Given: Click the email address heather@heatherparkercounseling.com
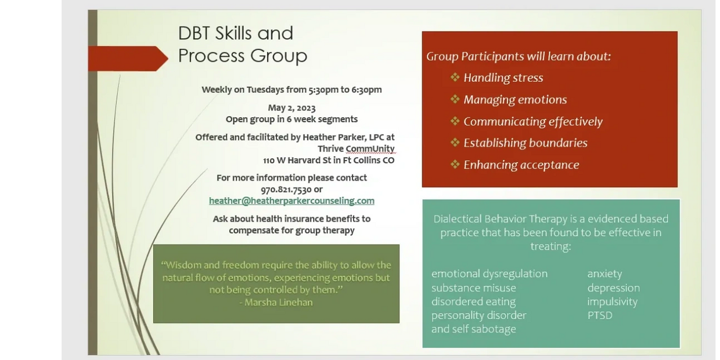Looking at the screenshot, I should coord(291,201).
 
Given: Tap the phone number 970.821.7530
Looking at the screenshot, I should coord(286,189).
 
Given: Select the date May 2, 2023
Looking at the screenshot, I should coord(291,108).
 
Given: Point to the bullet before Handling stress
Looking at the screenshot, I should coord(455,77).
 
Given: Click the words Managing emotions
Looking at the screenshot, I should coord(515,100).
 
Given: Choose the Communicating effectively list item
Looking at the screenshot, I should coord(532,121).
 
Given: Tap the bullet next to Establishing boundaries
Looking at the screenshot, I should coord(455,143).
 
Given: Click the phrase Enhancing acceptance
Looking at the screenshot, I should coord(521,165).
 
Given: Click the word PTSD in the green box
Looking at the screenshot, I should coord(600,316).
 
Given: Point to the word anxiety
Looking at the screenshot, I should coord(604,274).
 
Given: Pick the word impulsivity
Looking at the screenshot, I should coord(612,302).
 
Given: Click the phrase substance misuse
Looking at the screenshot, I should coord(473,288).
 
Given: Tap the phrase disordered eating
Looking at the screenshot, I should coord(473,302).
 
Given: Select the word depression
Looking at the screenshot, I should coord(613,288).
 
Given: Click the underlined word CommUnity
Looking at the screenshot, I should coord(370,149).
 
